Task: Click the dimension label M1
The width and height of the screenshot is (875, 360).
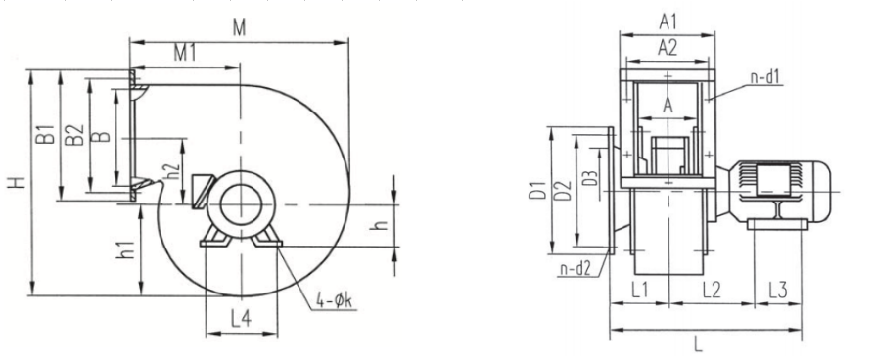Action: (184, 53)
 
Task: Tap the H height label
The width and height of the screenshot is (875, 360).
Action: (17, 182)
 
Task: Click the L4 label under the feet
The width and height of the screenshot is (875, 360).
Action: (241, 319)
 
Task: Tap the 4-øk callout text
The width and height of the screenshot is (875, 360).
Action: (335, 301)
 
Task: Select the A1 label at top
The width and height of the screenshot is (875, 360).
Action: (668, 22)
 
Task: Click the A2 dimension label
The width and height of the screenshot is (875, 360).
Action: (668, 48)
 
